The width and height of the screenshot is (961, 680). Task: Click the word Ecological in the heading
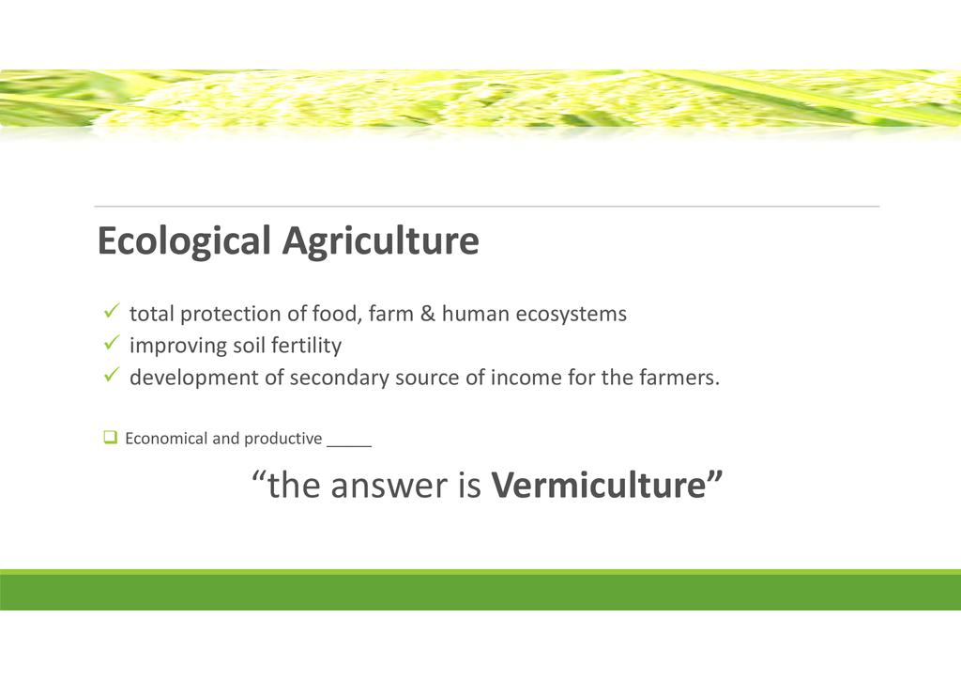click(184, 241)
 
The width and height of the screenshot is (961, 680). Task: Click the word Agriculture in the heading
click(381, 241)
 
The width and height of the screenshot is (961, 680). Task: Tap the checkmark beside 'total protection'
click(112, 311)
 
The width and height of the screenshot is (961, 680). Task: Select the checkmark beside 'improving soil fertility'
click(112, 342)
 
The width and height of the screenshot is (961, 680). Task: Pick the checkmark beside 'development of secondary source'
click(112, 374)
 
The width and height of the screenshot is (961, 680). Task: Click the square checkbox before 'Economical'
click(111, 437)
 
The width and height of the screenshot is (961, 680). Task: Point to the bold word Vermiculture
click(599, 485)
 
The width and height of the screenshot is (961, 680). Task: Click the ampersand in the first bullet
click(428, 314)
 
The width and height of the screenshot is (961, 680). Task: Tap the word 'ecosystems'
click(572, 315)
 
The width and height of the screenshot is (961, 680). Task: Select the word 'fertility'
click(307, 346)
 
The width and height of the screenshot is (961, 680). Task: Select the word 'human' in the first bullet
click(476, 314)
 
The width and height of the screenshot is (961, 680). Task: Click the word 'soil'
click(249, 346)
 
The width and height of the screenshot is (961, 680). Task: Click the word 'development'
click(194, 377)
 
